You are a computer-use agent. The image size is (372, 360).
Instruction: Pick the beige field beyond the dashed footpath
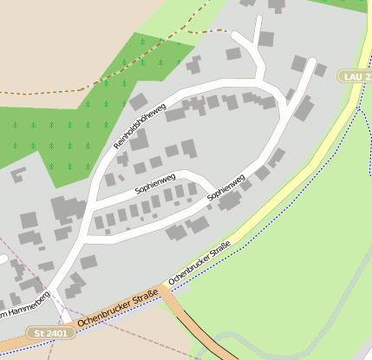(x=52, y=43)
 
